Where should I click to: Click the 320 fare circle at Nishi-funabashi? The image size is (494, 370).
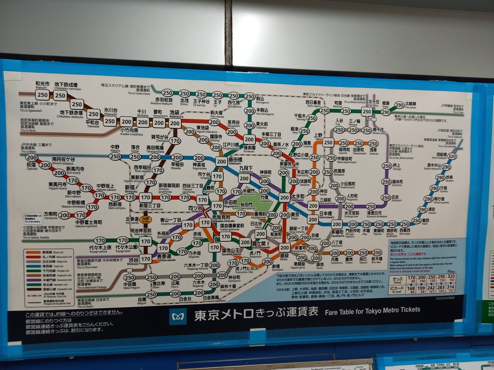pyautogui.click(x=452, y=156)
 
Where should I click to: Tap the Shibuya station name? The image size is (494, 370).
pyautogui.click(x=134, y=260)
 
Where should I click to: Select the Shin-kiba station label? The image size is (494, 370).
pyautogui.click(x=377, y=260)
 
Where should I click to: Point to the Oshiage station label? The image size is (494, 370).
pyautogui.click(x=397, y=166)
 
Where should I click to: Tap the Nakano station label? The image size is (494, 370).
pyautogui.click(x=115, y=148)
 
